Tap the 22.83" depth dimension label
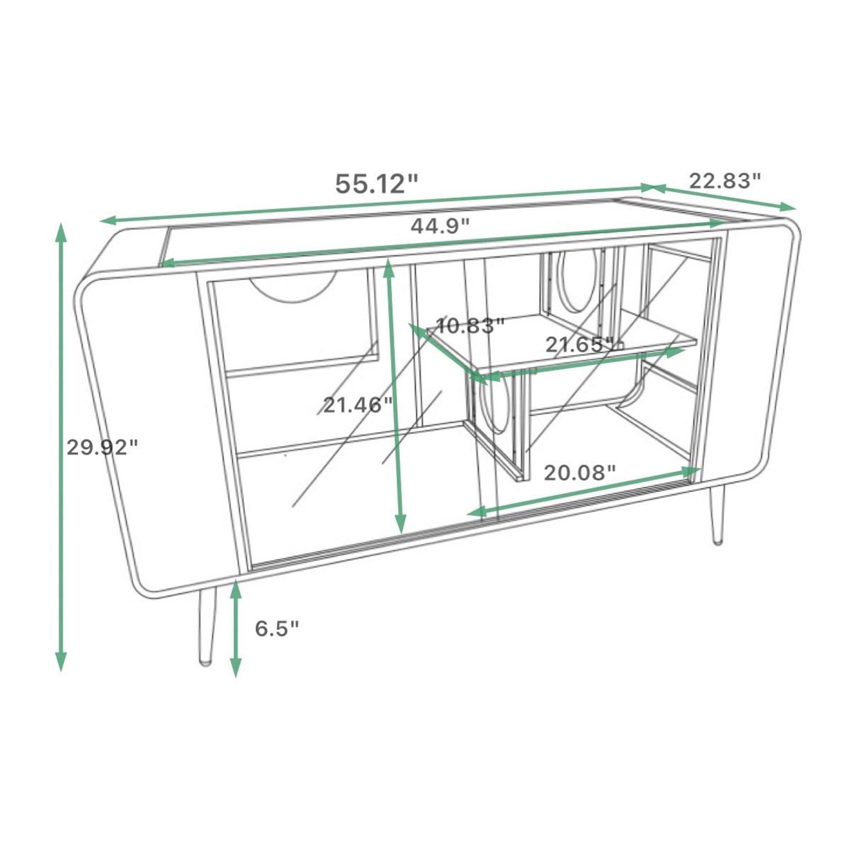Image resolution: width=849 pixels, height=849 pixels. coord(725,180)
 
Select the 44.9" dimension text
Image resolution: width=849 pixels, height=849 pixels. coord(440,226)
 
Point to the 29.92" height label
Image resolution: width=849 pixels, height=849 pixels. coord(102,448)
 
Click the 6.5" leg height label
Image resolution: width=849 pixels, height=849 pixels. coord(277,629)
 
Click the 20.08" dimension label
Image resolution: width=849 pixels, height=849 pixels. coord(579,473)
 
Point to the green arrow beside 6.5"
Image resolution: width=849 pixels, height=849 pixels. coord(236,628)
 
